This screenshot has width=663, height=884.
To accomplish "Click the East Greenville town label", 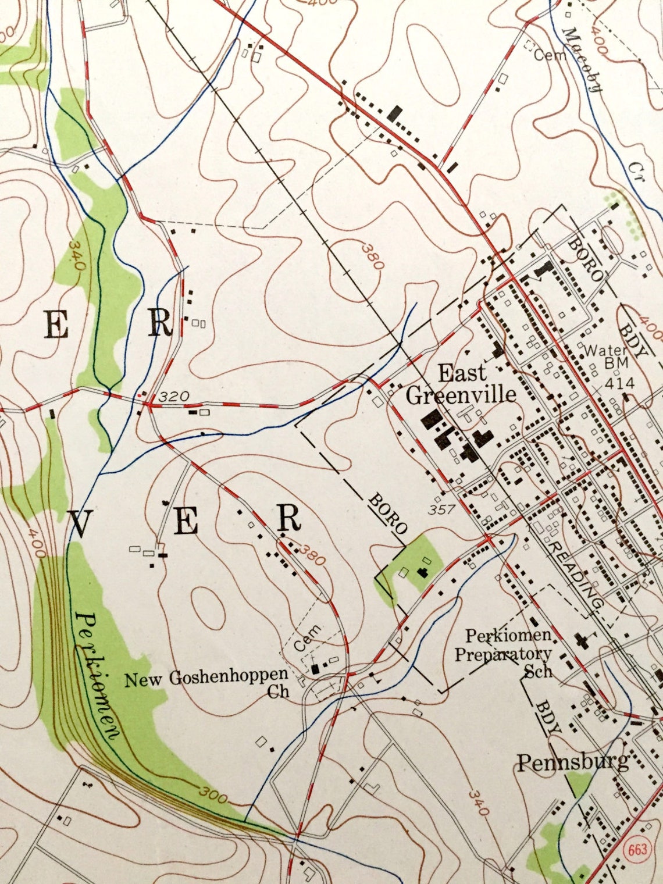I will tap(461, 384).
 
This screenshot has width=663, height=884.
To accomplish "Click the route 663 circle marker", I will tap(637, 849).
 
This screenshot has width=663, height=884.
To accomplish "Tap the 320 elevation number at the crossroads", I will tap(174, 397).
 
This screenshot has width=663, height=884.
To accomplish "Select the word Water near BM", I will tap(605, 351).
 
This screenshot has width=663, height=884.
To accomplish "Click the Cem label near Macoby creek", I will tap(550, 55).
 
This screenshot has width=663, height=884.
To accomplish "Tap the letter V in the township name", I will tap(80, 524).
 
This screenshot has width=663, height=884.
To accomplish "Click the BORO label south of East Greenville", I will tap(387, 514).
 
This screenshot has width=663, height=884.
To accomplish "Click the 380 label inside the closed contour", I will tap(372, 256).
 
